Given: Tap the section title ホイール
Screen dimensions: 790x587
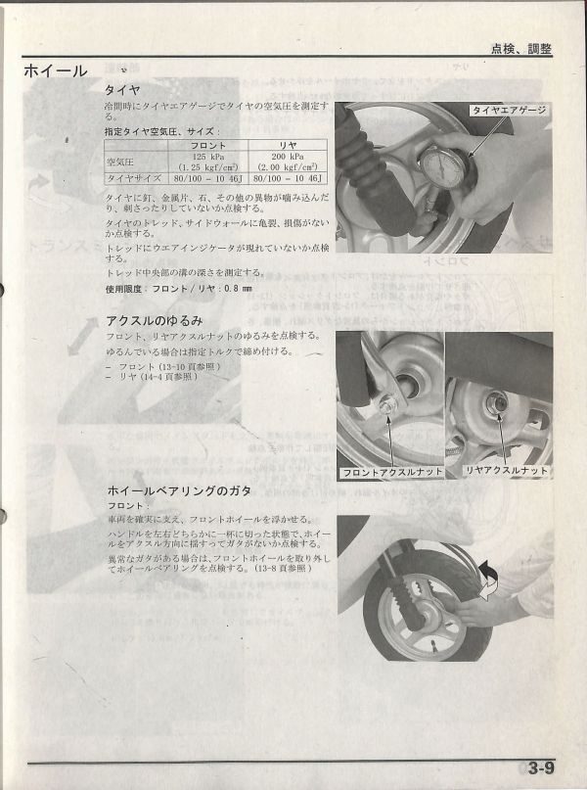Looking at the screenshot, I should tap(55, 70).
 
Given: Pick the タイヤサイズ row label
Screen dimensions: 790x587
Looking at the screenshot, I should tap(134, 178).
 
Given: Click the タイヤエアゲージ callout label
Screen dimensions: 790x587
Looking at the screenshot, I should tap(508, 112).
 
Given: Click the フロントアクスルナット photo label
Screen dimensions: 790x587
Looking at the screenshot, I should tap(391, 472).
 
